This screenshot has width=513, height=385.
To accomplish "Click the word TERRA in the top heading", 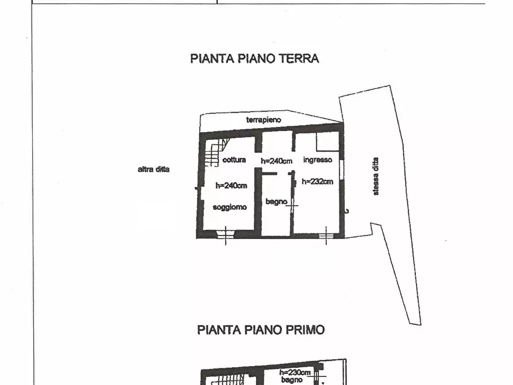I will [x=298, y=58].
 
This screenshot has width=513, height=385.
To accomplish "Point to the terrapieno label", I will [x=264, y=120].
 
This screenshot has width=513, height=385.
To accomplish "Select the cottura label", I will [x=234, y=160].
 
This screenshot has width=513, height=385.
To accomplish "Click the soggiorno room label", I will [x=230, y=207].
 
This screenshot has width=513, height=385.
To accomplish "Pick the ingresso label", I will [x=317, y=160].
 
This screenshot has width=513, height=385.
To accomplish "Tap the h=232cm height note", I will [x=318, y=182].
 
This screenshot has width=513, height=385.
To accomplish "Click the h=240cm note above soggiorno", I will [x=231, y=185].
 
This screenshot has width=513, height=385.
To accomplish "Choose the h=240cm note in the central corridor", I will [x=277, y=161].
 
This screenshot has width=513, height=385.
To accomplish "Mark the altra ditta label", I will [x=153, y=170].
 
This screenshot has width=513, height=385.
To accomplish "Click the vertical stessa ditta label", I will [x=376, y=177].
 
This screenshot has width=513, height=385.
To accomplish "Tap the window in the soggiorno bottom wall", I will [x=226, y=234].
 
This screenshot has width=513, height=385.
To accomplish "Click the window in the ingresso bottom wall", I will [x=326, y=234].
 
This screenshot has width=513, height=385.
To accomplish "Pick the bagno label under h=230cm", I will [x=291, y=380].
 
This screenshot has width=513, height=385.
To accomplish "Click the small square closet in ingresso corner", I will [x=327, y=141].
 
